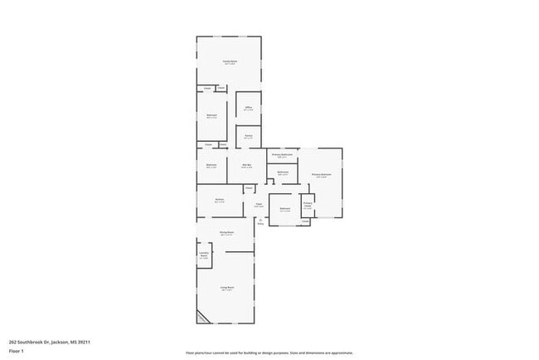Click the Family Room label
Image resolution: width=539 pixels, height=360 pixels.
(x=230, y=62)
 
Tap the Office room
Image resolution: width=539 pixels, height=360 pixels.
(x=248, y=108)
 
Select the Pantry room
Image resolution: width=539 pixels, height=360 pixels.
(x=248, y=137)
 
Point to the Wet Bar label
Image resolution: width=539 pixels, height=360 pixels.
(x=246, y=166)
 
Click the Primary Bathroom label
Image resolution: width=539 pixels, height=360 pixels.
(x=283, y=155)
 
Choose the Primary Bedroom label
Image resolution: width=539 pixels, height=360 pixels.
(x=321, y=175)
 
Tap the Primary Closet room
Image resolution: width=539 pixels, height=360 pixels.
(x=307, y=205)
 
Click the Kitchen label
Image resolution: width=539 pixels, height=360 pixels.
(x=219, y=201)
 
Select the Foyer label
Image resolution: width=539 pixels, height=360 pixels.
(x=259, y=205)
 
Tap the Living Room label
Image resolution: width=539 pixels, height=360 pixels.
(x=226, y=289)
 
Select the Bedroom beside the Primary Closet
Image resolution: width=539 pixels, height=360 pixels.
(x=284, y=209)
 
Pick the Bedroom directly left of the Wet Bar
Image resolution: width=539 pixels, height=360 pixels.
(x=211, y=167)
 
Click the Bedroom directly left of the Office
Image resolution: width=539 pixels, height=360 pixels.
(x=211, y=117)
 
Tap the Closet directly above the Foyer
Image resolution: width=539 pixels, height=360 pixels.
(x=248, y=188)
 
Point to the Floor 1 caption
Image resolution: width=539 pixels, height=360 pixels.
(x=17, y=352)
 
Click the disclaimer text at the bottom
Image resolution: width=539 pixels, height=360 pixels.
(x=269, y=353)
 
